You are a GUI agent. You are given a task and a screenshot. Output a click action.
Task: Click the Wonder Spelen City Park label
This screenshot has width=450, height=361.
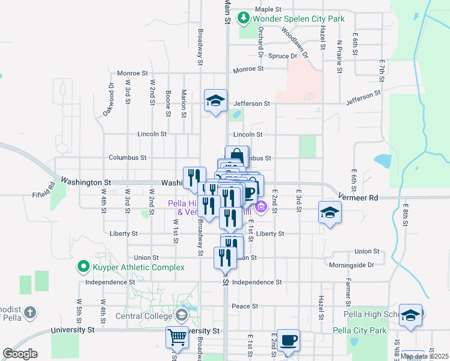(x=298, y=19)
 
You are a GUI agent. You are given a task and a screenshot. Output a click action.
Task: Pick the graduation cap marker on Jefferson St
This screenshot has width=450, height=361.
(x=215, y=100)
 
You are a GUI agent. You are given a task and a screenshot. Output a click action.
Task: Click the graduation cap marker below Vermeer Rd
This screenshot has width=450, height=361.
(x=330, y=213)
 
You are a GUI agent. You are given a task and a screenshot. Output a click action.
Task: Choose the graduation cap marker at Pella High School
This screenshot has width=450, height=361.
(x=410, y=315)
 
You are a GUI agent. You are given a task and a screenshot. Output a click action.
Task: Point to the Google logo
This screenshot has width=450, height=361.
(x=20, y=354)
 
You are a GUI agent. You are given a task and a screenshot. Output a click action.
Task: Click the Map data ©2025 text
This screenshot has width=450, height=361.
(x=424, y=356)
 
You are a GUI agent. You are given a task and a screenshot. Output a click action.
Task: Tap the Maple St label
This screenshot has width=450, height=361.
(x=268, y=10)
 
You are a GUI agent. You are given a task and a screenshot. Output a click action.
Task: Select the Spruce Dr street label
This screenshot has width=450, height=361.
(x=286, y=57)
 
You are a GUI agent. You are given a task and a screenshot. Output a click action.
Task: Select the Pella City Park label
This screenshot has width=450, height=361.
(x=365, y=330)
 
